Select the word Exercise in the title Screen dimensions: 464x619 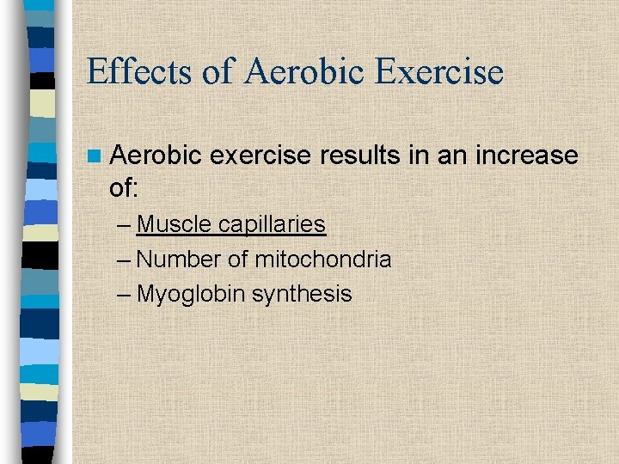(x=442, y=71)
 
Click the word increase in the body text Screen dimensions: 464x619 (x=524, y=156)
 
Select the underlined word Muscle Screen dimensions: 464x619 (x=175, y=224)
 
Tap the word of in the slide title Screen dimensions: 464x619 (x=218, y=71)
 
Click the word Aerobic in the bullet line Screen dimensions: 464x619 (x=156, y=156)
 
